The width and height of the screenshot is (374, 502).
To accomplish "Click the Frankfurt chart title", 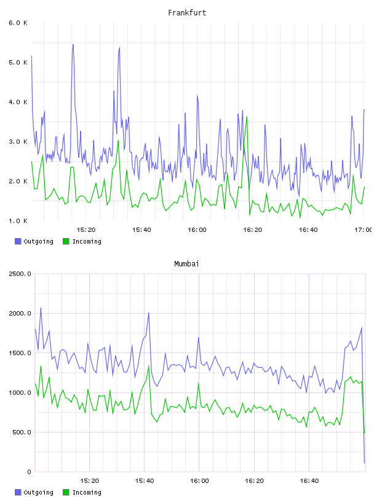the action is [x=187, y=13].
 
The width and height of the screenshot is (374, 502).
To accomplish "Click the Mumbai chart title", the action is [x=186, y=264].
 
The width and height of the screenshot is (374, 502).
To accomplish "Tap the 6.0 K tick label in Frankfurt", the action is [x=18, y=23].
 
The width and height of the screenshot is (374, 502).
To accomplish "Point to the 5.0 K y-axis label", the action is [x=18, y=62].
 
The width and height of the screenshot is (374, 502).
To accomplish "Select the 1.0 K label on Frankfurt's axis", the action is [x=18, y=221].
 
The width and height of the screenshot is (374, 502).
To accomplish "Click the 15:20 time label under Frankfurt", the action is [x=86, y=230].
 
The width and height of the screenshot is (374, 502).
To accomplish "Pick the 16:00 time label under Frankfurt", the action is [x=197, y=230].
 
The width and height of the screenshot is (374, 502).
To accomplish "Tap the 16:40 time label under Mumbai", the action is [x=309, y=481].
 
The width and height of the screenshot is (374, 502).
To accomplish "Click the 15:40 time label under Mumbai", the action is [x=145, y=481].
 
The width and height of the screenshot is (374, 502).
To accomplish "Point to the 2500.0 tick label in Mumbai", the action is [x=20, y=274].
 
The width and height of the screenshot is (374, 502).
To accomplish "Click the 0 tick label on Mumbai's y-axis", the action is [x=29, y=472].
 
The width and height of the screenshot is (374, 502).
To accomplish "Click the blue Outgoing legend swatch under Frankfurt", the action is [x=18, y=241].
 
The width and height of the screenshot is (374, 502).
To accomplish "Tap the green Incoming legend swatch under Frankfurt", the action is [x=66, y=241].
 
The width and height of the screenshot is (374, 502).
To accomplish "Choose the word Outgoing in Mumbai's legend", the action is [x=38, y=492].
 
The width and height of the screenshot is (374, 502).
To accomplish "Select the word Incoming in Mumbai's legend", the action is [x=87, y=492].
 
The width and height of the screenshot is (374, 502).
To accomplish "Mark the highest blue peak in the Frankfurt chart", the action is [x=73, y=44].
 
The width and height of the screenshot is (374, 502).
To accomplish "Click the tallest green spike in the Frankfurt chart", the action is [x=247, y=117].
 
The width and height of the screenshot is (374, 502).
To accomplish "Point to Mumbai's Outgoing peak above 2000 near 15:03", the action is [x=41, y=308].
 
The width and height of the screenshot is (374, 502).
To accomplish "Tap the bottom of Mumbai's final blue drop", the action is [x=364, y=463].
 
